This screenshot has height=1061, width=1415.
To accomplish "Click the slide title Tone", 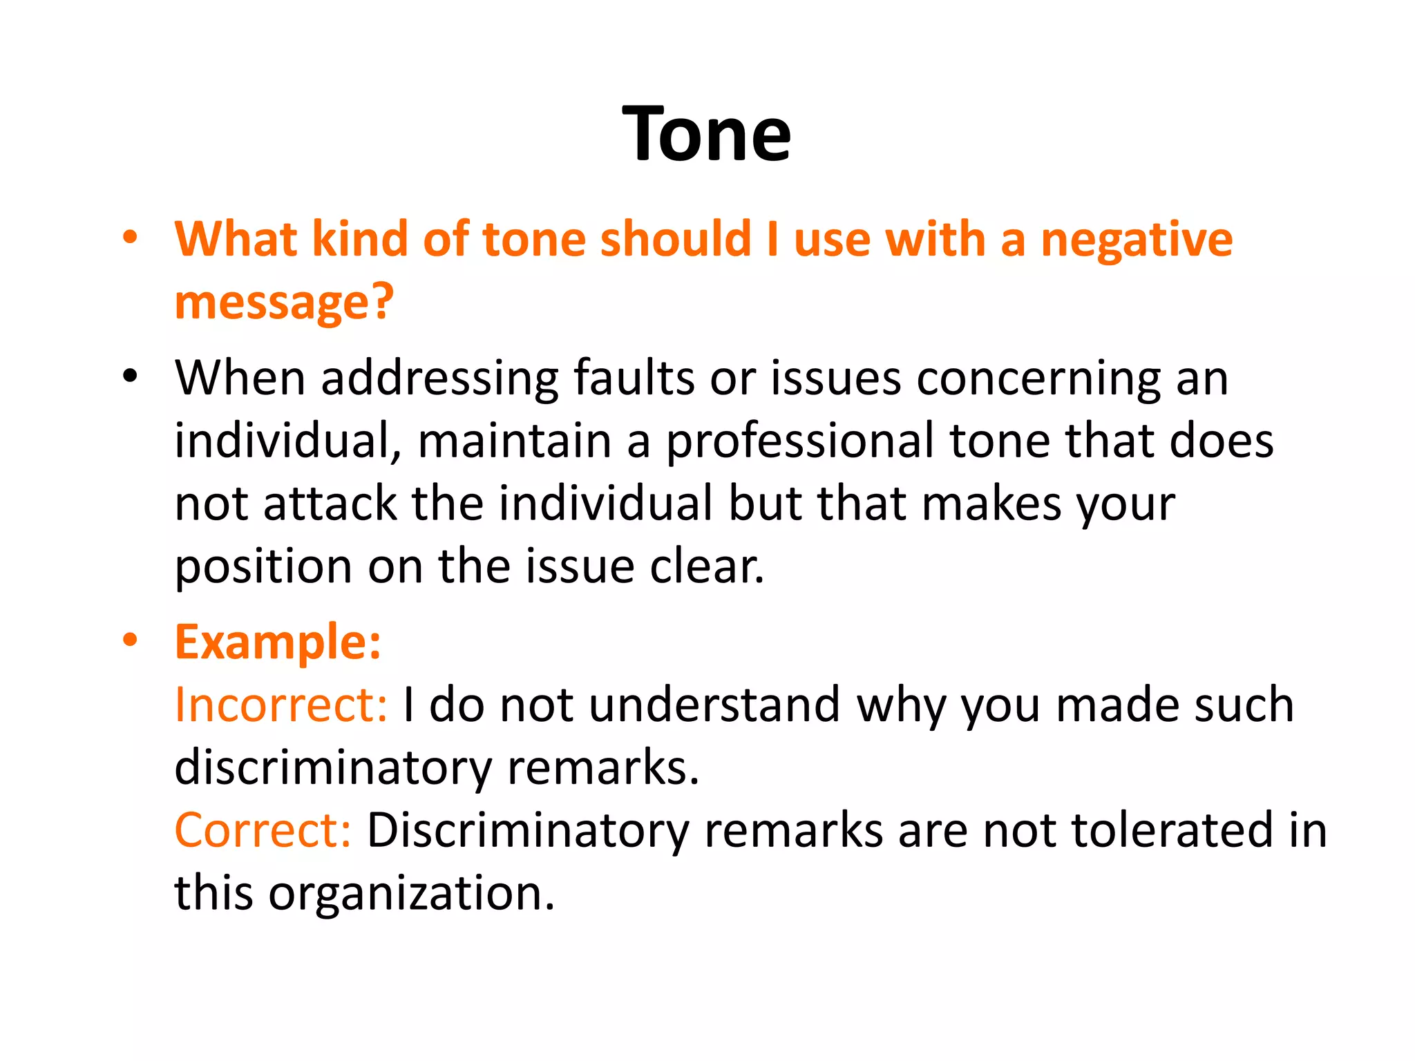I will (706, 134).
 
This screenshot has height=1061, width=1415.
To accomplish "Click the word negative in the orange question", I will (1137, 240).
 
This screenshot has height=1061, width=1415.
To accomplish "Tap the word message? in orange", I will (284, 303).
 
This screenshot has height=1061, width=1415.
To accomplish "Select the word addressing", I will (439, 379).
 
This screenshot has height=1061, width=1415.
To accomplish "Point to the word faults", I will (634, 379).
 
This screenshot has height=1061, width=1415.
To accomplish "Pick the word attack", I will (330, 504).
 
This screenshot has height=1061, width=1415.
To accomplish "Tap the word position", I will (263, 566).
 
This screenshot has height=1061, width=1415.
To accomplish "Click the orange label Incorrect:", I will (281, 705).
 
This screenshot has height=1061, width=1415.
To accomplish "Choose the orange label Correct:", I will (263, 830).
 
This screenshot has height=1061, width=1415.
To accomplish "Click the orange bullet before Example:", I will (130, 640).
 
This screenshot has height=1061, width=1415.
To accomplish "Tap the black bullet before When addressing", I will (130, 376).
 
